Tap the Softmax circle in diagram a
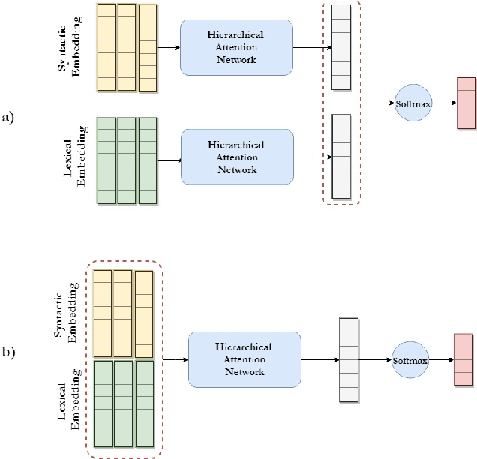[413, 103]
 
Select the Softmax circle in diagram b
[409, 361]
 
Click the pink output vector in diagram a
[466, 103]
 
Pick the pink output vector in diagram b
[463, 361]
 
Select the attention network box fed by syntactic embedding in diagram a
[237, 46]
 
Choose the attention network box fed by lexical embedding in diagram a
[238, 157]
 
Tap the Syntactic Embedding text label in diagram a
[70, 46]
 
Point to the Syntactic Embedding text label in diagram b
[66, 313]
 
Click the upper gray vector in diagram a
[340, 47]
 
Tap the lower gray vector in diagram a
[341, 157]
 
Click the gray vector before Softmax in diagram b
[349, 361]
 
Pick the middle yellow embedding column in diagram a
[127, 47]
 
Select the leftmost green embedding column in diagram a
[106, 160]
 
